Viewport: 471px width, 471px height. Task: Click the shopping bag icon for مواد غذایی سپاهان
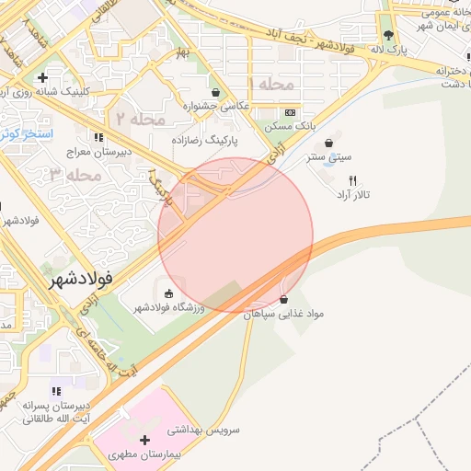(x=282, y=300)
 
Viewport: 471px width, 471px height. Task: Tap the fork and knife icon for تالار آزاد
(x=351, y=180)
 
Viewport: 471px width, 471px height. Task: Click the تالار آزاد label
(x=353, y=194)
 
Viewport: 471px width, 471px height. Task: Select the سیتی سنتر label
(x=329, y=156)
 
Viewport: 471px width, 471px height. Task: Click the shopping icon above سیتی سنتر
(x=330, y=143)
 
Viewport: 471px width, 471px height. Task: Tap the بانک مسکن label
(x=291, y=125)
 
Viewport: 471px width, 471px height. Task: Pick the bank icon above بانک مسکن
(x=291, y=111)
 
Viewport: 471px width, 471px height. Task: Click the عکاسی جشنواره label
(x=217, y=106)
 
